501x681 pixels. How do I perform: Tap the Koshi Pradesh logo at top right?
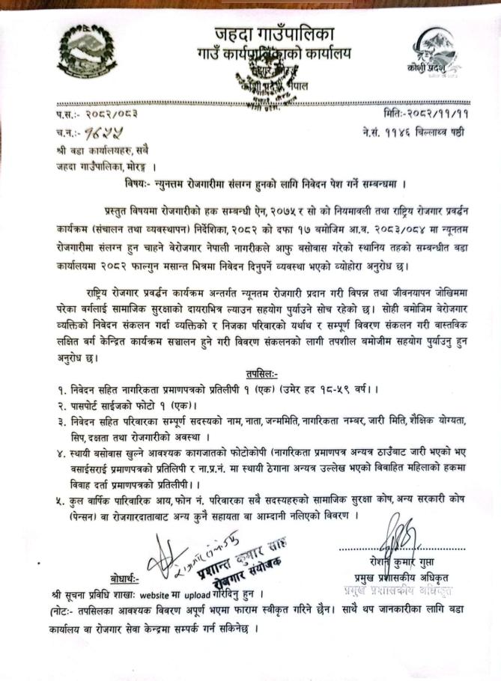(x=436, y=51)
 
